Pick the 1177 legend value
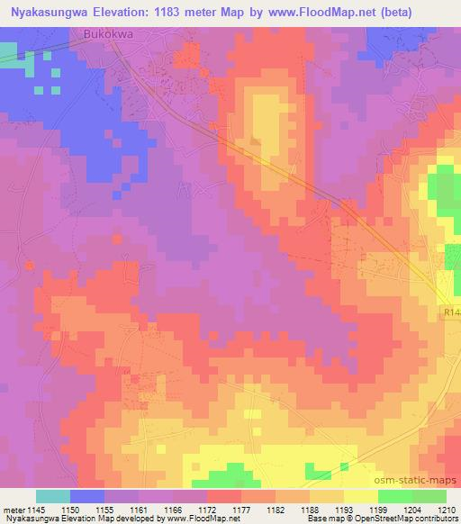(x=216, y=510)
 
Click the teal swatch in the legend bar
(x=53, y=496)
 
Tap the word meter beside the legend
(x=14, y=510)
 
